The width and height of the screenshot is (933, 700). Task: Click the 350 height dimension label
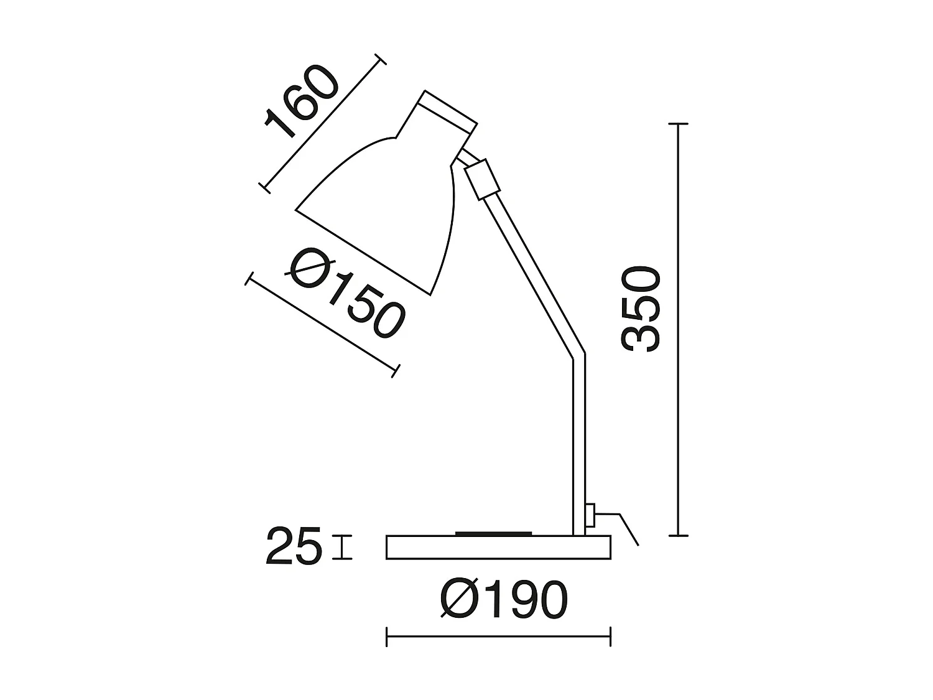pyautogui.click(x=641, y=309)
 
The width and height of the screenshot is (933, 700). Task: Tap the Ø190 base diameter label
pyautogui.click(x=504, y=600)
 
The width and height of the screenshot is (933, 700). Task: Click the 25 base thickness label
pyautogui.click(x=294, y=546)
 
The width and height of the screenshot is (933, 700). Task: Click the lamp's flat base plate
pyautogui.click(x=498, y=547)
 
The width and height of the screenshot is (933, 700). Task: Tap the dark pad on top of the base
pyautogui.click(x=494, y=533)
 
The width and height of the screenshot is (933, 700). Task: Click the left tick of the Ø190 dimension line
pyautogui.click(x=387, y=637)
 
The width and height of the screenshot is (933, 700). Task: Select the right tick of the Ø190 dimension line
pyautogui.click(x=610, y=637)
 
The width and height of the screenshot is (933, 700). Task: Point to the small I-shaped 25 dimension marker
pyautogui.click(x=342, y=547)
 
